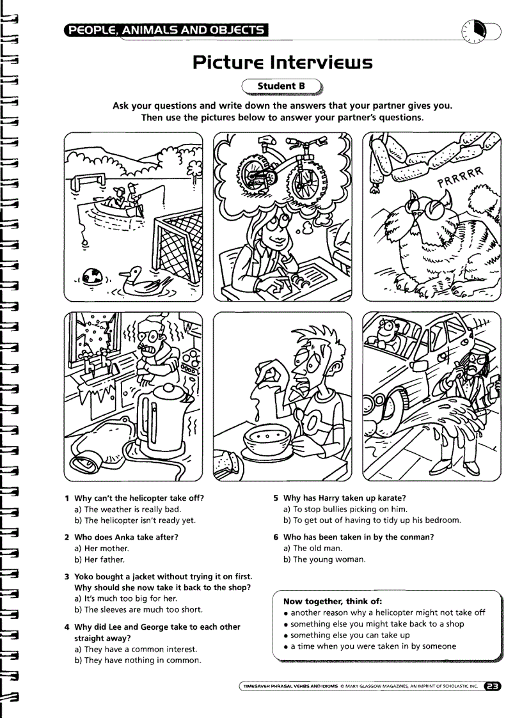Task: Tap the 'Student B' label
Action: (281, 86)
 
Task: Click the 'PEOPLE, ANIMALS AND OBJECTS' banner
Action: (166, 29)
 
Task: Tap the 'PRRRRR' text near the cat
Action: (461, 178)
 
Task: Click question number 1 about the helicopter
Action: (139, 498)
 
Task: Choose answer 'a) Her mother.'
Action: (102, 548)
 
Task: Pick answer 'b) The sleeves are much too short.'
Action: (139, 609)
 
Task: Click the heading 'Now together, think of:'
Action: (333, 601)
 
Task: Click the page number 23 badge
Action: (493, 687)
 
